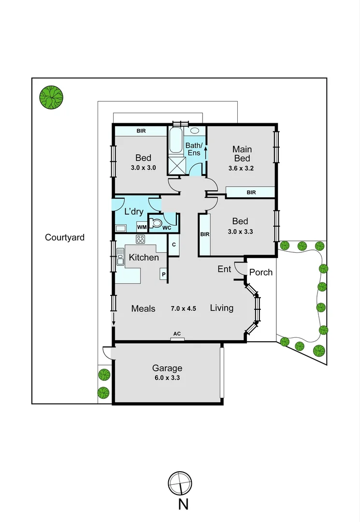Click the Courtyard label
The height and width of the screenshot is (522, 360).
click(x=65, y=237)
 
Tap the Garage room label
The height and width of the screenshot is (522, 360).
click(x=167, y=368)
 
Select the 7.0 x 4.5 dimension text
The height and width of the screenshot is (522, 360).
click(x=183, y=308)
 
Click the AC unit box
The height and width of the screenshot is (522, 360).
click(x=177, y=339)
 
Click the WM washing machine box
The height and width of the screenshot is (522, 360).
click(x=142, y=227)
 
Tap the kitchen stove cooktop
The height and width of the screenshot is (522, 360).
click(x=141, y=239)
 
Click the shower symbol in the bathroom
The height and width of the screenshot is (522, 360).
click(x=177, y=165)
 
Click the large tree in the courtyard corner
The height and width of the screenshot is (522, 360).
click(x=51, y=97)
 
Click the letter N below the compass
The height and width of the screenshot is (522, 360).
click(x=183, y=504)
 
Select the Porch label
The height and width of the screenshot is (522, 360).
click(x=260, y=272)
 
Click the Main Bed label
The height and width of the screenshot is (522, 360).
click(x=242, y=154)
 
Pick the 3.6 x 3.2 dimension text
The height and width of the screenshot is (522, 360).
click(x=241, y=169)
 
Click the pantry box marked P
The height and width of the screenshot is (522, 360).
click(x=164, y=275)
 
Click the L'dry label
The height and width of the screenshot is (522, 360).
click(x=134, y=212)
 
